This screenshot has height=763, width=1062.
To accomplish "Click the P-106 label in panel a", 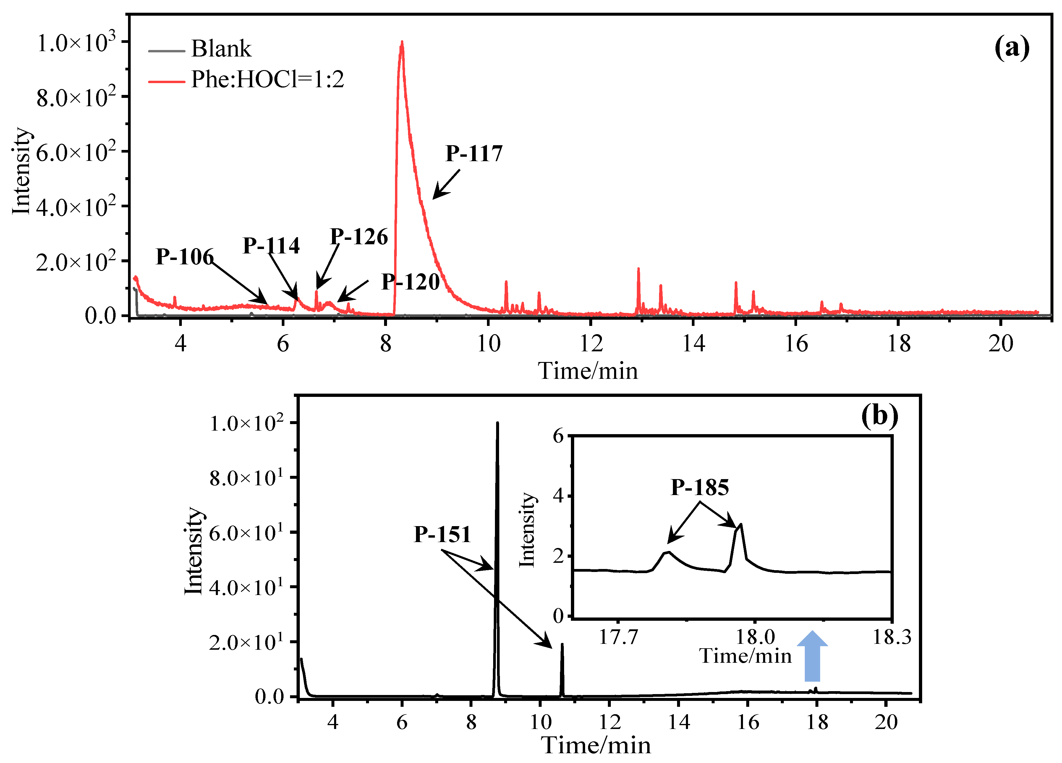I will [184, 257].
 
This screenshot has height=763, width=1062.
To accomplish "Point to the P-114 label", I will [271, 245].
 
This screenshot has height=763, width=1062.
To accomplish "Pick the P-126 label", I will [359, 237].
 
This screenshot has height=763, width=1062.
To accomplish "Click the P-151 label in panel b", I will [442, 534].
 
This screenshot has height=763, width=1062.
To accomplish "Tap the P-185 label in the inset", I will [700, 488].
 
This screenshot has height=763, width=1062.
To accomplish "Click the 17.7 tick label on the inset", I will [618, 638].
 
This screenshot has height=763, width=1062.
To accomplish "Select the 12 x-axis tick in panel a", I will [591, 344].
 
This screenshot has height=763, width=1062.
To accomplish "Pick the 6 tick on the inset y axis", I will [558, 437].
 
